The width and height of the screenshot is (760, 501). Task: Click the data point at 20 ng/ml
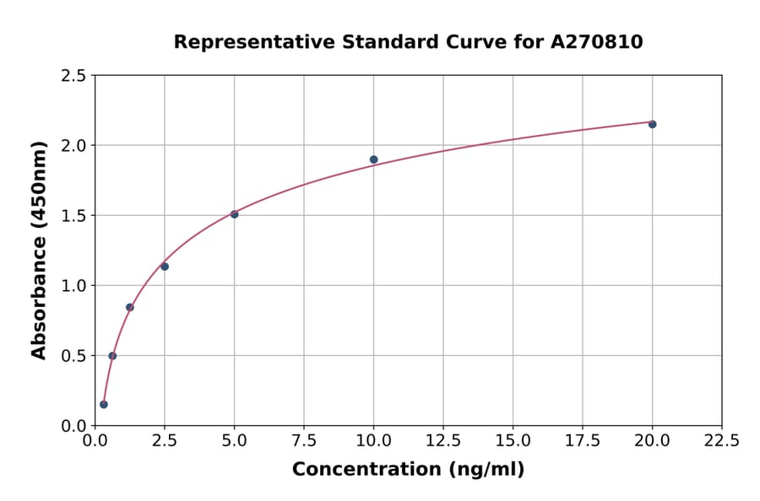652,124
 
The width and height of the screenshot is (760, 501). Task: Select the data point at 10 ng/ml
373,159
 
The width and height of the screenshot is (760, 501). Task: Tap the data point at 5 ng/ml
234,214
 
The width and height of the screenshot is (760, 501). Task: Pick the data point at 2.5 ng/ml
165,267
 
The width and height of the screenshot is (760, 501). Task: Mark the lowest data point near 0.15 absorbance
104,404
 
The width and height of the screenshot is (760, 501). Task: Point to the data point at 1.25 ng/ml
130,307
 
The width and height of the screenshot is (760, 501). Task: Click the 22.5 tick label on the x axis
721,440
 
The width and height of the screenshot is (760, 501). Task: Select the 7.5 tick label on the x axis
304,440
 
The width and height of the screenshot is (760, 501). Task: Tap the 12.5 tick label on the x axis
443,440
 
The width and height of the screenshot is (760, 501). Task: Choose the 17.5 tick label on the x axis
583,440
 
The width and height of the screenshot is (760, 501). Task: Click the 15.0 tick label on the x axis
513,440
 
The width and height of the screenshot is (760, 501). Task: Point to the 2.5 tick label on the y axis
74,76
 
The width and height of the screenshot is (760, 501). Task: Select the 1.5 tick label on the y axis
74,216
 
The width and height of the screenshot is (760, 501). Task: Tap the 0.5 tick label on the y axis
74,356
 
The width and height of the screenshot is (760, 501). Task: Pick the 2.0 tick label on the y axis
74,146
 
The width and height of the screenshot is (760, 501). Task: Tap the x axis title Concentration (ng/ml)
408,470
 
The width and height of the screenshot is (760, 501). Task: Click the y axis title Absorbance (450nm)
39,250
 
